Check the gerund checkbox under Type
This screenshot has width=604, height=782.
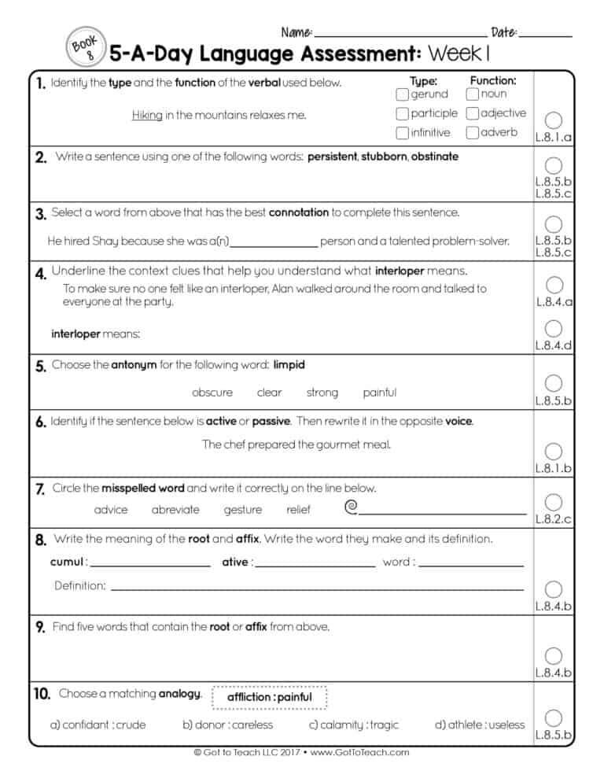click(x=402, y=94)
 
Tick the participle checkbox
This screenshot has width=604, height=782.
click(x=402, y=113)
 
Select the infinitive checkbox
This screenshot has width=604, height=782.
click(x=402, y=133)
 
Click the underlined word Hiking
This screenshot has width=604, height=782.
click(x=146, y=115)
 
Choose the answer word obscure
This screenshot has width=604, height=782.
click(x=212, y=393)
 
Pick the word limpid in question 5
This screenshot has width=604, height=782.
click(x=289, y=365)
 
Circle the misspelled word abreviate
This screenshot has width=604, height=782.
click(x=175, y=510)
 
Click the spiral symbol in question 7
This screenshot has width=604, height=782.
click(x=352, y=507)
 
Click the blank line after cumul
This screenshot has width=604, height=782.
click(x=150, y=563)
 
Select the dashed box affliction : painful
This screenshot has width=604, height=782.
click(x=269, y=697)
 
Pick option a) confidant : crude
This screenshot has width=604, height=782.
click(x=98, y=725)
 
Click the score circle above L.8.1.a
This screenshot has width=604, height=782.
click(x=554, y=120)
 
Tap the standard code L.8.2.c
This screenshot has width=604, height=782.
click(x=554, y=519)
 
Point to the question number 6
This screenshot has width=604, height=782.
click(x=41, y=422)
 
